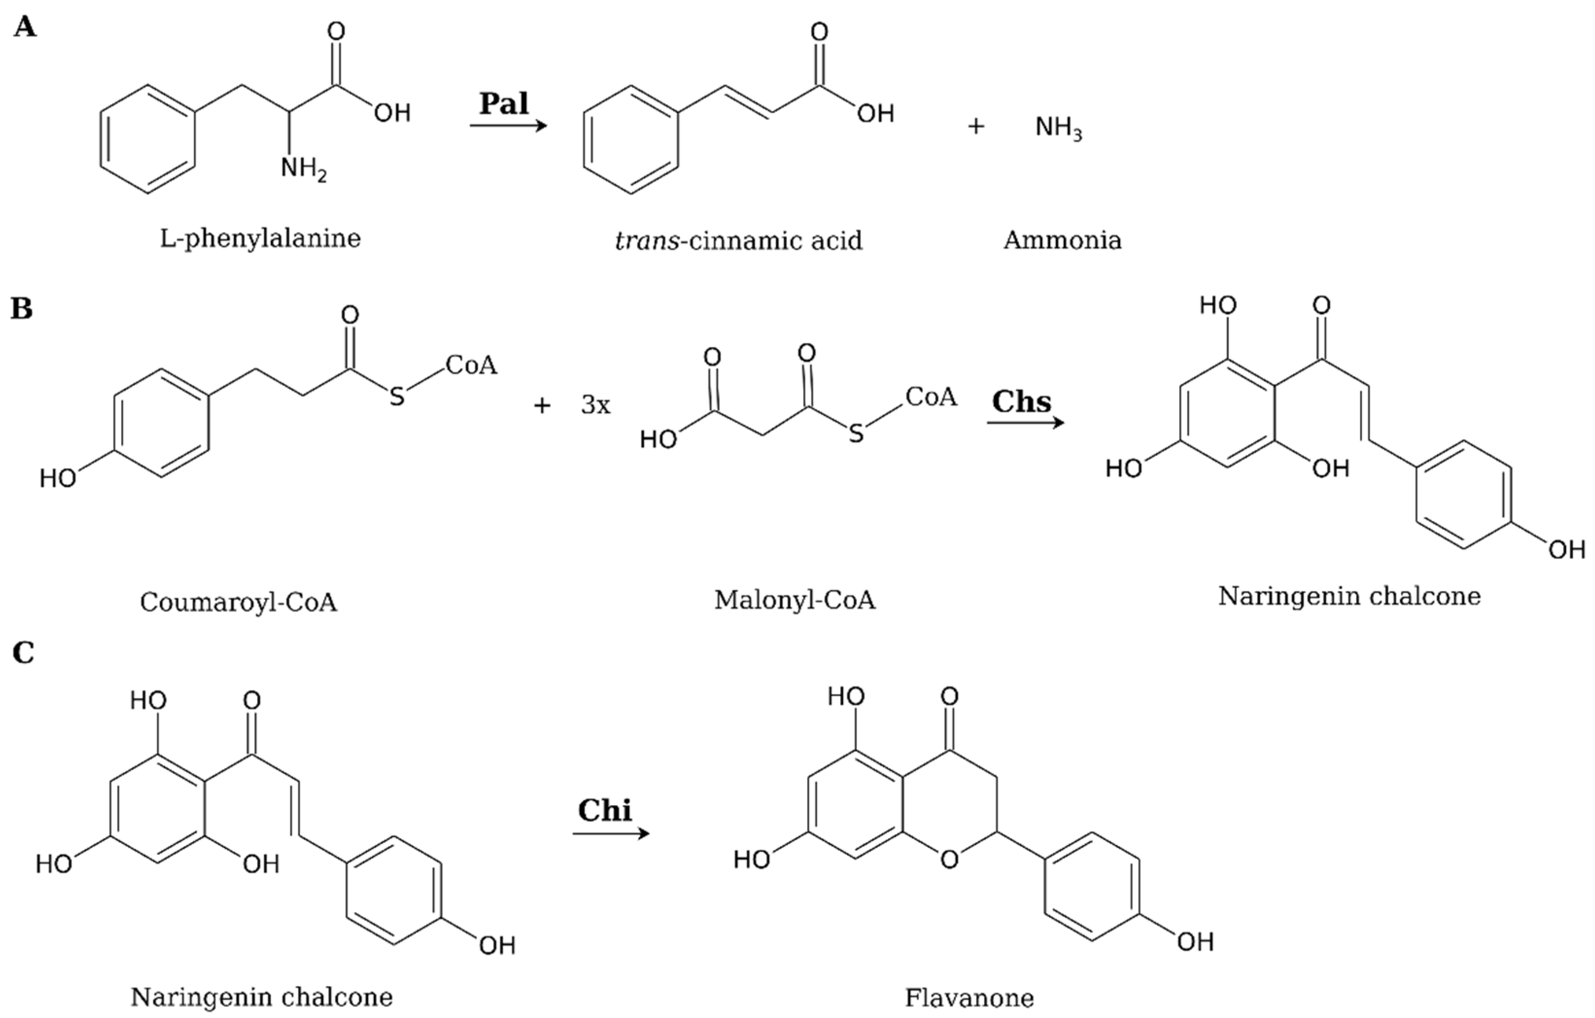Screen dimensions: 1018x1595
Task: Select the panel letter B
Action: tap(21, 309)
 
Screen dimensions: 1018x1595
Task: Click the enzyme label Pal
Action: tap(504, 104)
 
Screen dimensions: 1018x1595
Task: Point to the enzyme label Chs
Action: tap(1021, 401)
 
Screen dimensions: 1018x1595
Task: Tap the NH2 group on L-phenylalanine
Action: tap(303, 169)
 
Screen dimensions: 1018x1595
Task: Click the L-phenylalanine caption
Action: tap(260, 239)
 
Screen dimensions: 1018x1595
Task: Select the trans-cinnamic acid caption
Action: tap(738, 241)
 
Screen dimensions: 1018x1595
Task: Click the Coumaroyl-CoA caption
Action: tap(239, 602)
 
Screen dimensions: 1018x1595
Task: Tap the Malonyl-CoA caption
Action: tap(794, 600)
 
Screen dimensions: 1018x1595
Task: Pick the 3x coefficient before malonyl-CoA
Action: tap(596, 405)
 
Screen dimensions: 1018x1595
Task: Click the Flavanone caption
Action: tap(969, 997)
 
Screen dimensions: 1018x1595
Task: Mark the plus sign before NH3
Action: tap(975, 126)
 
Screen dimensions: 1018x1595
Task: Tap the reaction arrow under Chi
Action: tap(611, 833)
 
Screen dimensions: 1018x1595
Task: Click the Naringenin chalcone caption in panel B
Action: tap(1349, 596)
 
